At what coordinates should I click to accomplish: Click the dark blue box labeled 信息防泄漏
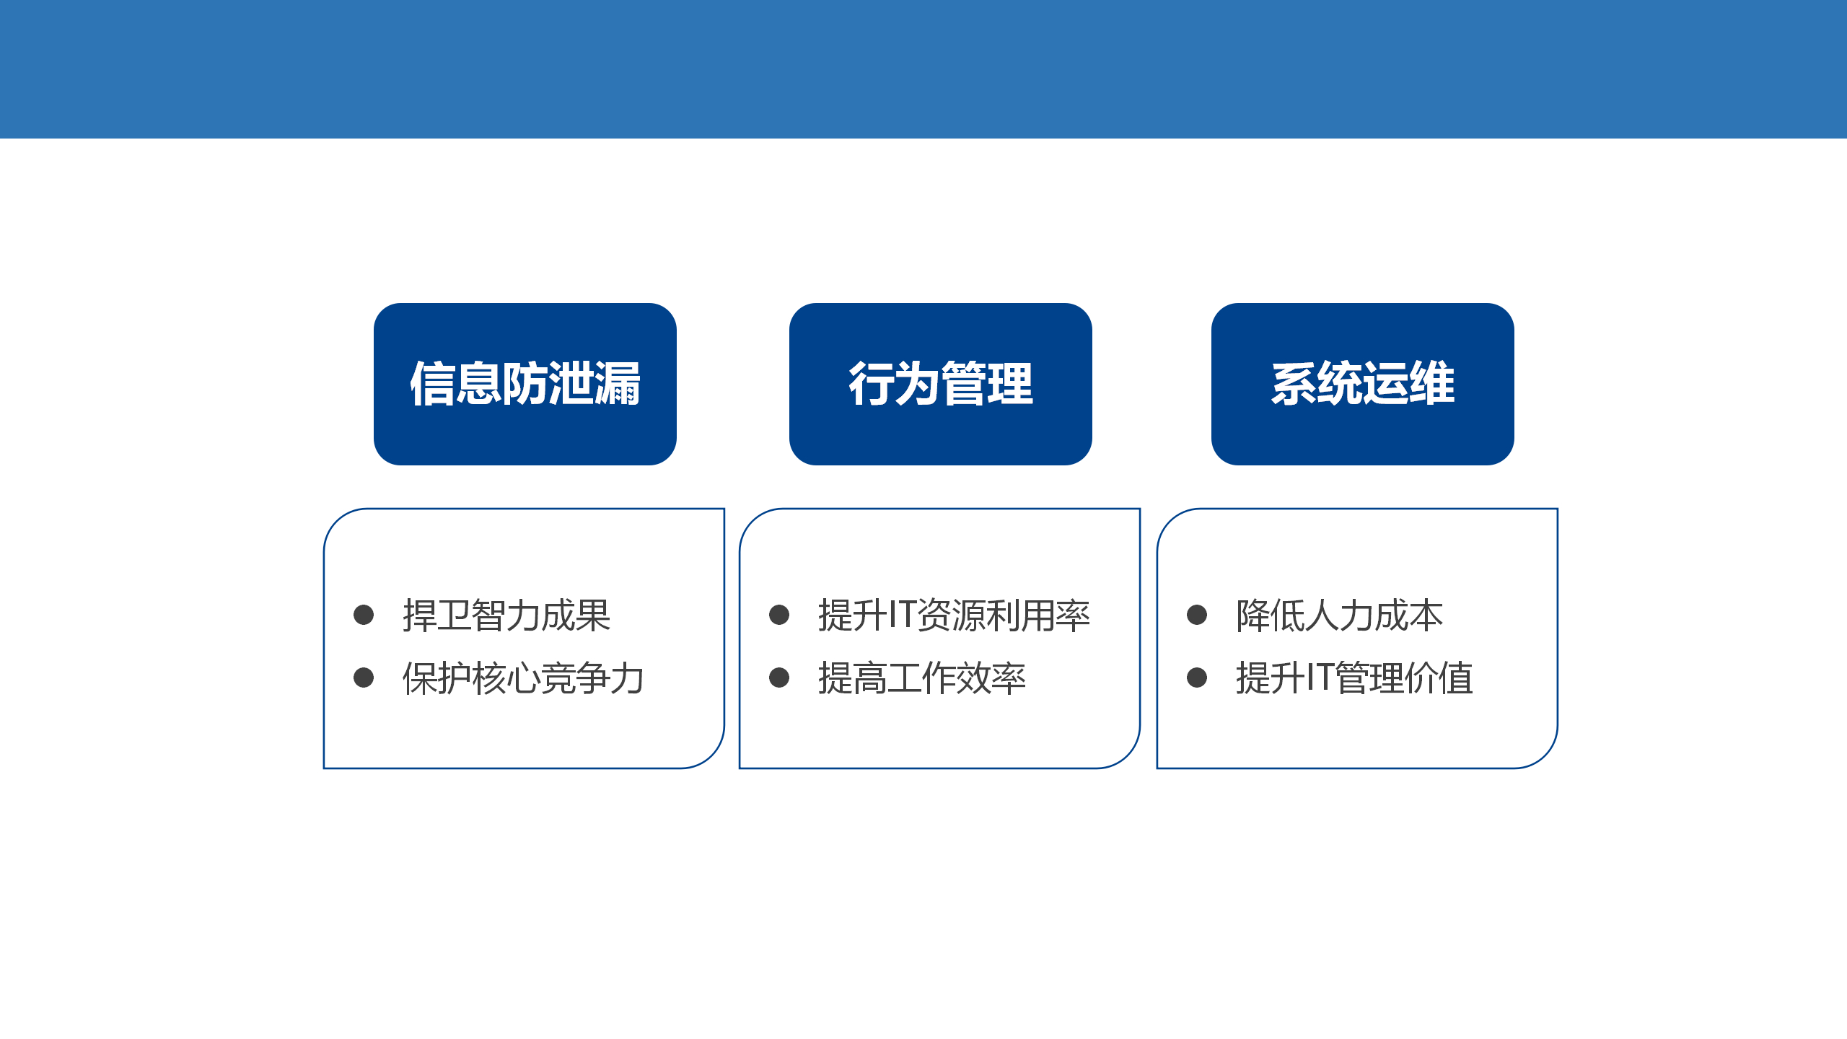click(x=525, y=384)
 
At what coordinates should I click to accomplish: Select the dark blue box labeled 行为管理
click(x=941, y=384)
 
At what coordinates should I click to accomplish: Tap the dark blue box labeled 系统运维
click(x=1363, y=384)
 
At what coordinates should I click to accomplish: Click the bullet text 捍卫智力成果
click(x=506, y=615)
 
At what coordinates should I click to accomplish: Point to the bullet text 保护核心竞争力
click(x=523, y=678)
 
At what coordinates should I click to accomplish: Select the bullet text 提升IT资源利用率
click(x=954, y=615)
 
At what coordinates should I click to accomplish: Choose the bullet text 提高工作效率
click(x=922, y=678)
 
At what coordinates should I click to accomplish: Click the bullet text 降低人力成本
click(x=1339, y=615)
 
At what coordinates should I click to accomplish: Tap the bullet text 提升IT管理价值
click(x=1354, y=678)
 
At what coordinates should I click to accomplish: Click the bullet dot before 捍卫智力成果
click(x=364, y=615)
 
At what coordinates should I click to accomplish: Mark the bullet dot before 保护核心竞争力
click(x=364, y=678)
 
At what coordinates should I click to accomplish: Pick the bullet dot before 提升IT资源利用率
click(x=779, y=615)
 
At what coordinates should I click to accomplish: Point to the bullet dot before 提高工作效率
click(x=779, y=678)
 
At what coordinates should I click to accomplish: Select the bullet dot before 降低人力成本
click(x=1197, y=615)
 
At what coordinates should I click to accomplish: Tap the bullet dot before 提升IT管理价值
click(x=1197, y=678)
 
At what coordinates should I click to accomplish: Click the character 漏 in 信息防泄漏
click(x=618, y=384)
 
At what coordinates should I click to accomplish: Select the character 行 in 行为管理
click(x=872, y=384)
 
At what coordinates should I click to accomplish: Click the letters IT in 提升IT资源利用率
click(x=902, y=615)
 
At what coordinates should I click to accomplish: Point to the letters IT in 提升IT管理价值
click(x=1320, y=678)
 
